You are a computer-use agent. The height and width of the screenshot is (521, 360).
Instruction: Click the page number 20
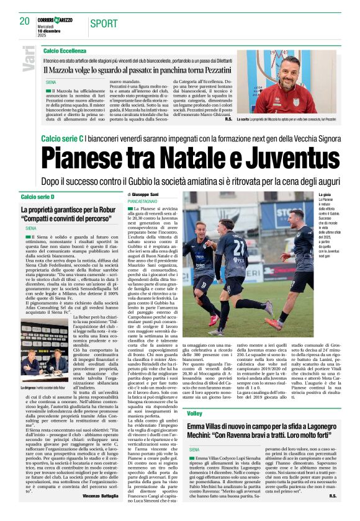(x=25, y=21)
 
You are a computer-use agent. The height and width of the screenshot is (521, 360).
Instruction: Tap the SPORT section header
(x=103, y=24)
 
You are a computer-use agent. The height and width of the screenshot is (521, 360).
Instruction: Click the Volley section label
(x=194, y=413)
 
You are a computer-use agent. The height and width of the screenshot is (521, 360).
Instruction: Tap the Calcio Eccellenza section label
(x=65, y=50)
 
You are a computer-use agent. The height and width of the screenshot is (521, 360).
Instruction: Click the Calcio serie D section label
(x=37, y=197)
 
